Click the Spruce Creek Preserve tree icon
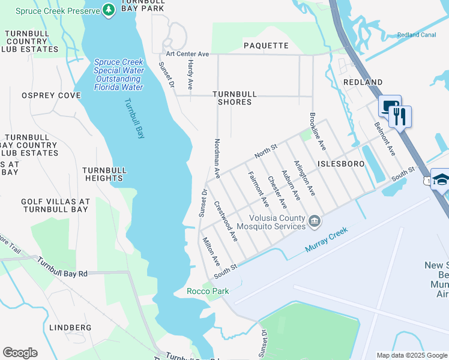click(x=108, y=10)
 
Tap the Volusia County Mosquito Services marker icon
click(x=314, y=223)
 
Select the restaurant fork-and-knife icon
click(x=400, y=116)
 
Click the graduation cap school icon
click(x=441, y=180)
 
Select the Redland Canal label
click(x=416, y=35)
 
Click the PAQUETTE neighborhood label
click(x=266, y=46)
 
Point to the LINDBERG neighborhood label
click(x=71, y=328)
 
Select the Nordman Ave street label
click(x=217, y=158)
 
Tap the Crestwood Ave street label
click(x=229, y=221)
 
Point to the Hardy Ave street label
click(x=190, y=75)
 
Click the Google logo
click(x=20, y=353)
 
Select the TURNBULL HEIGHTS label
click(x=104, y=174)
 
